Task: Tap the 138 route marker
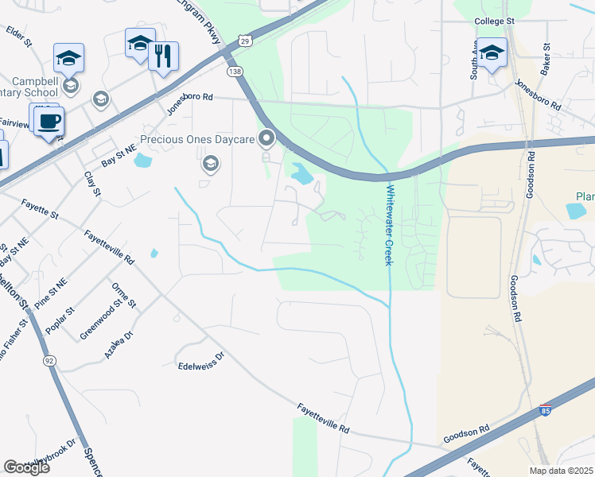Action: [234, 72]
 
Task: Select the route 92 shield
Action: [49, 360]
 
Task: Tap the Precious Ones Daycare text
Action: [196, 140]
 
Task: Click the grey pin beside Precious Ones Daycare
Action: [266, 139]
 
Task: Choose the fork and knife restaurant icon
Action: [163, 56]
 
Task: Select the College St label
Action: [495, 21]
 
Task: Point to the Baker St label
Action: [546, 60]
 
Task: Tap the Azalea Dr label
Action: [116, 347]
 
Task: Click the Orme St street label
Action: [125, 295]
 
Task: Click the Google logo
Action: [27, 467]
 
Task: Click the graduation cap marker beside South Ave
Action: [492, 53]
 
